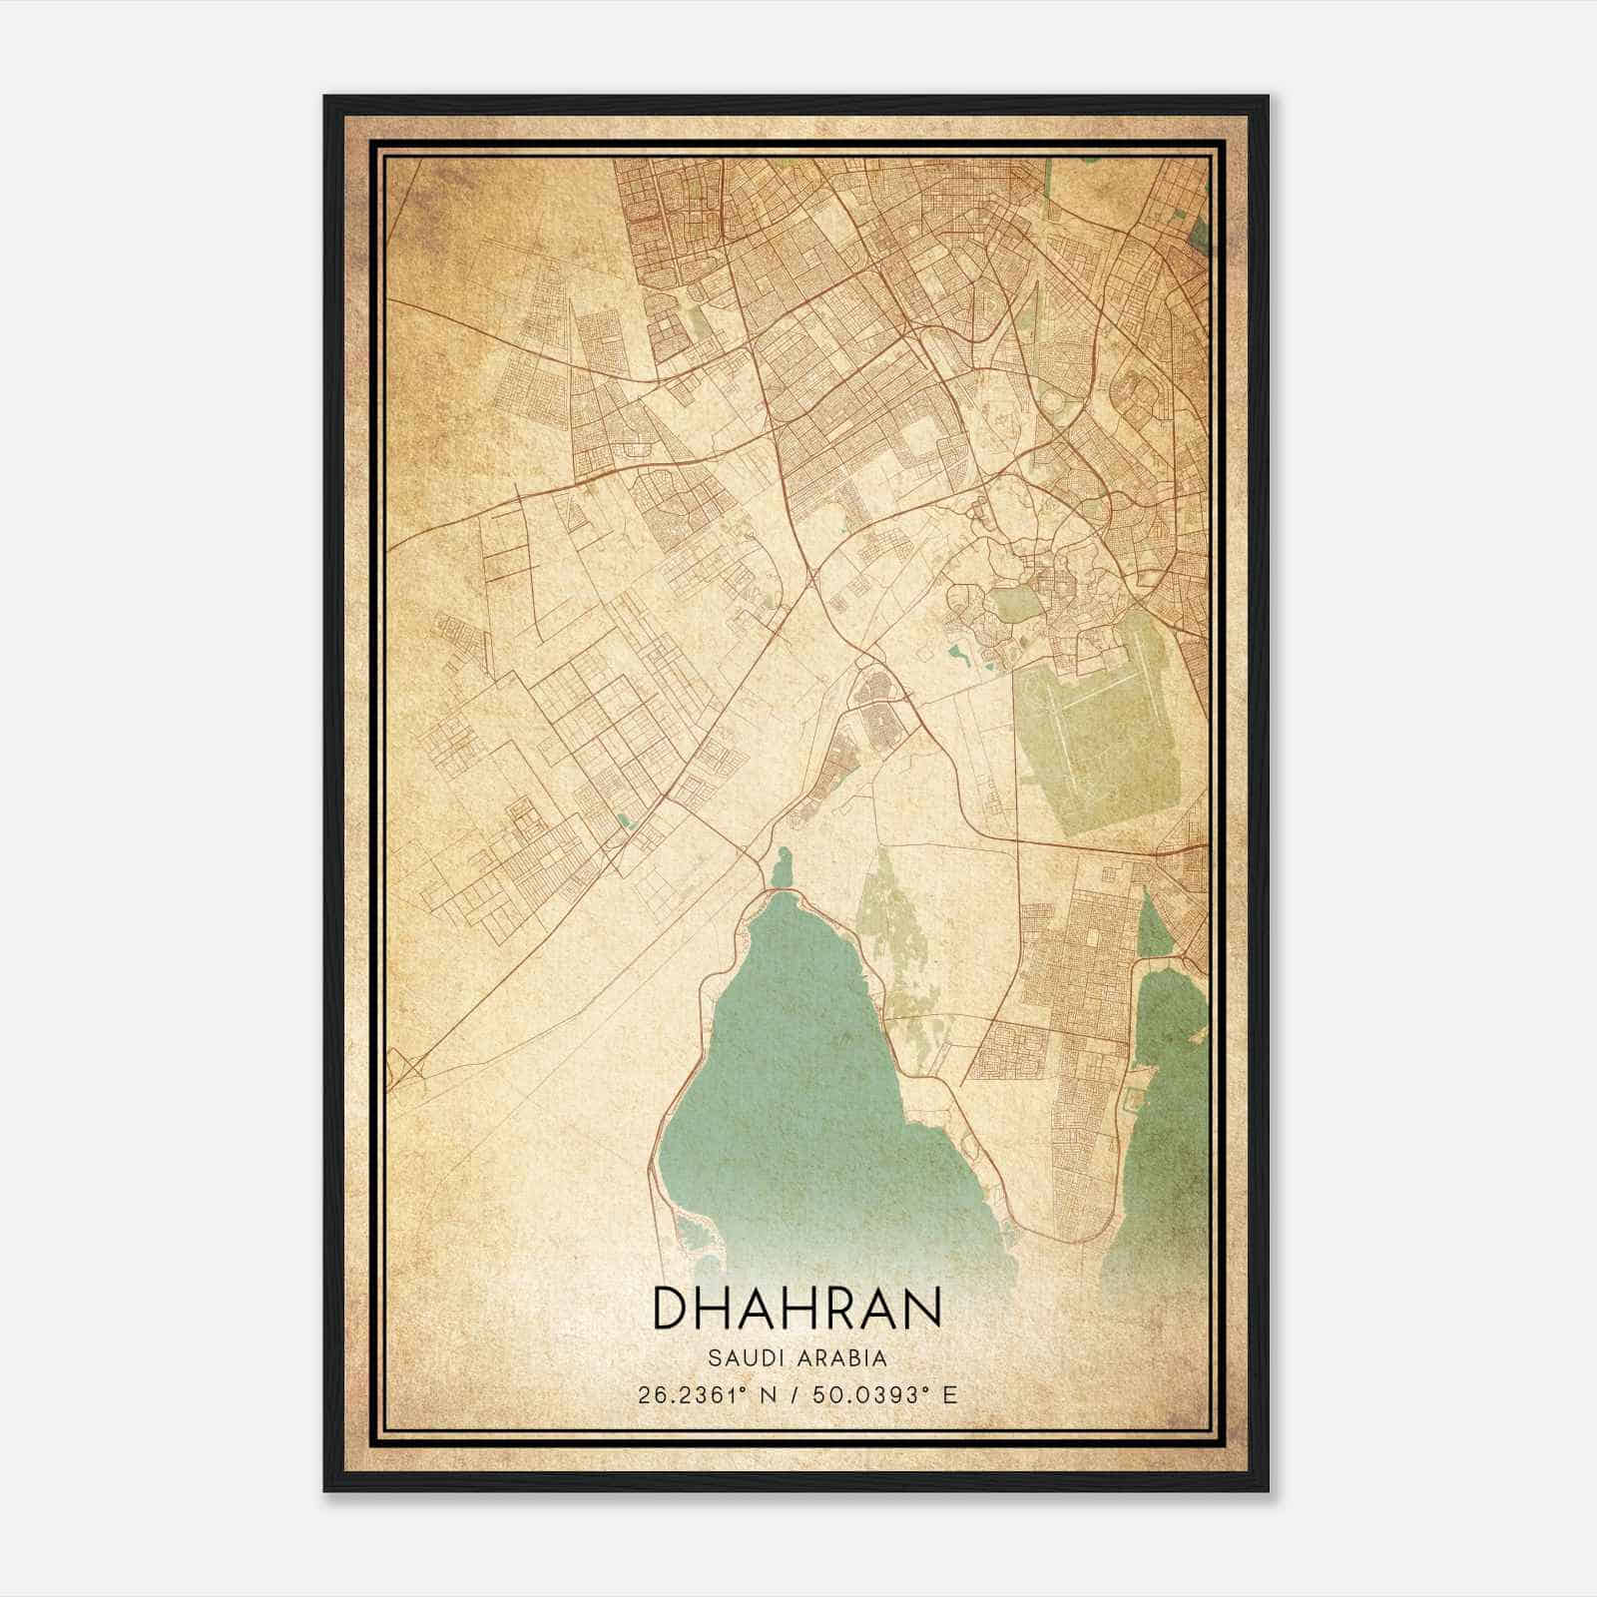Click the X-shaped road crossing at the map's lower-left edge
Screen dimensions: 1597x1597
[x=407, y=1069]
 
